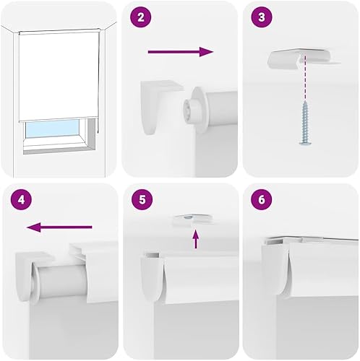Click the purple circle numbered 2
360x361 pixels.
point(141,17)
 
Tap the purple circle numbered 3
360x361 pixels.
point(262,17)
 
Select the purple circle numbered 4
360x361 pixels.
point(21,199)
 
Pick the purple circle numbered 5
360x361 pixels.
point(142,199)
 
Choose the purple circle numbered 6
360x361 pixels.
point(262,199)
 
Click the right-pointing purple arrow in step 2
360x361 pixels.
point(181,52)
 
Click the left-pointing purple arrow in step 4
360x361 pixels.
point(59,227)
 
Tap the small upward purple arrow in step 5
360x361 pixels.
point(196,239)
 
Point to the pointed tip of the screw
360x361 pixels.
point(305,101)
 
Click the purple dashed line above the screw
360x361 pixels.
point(305,77)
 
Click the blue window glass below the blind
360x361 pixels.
point(52,129)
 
